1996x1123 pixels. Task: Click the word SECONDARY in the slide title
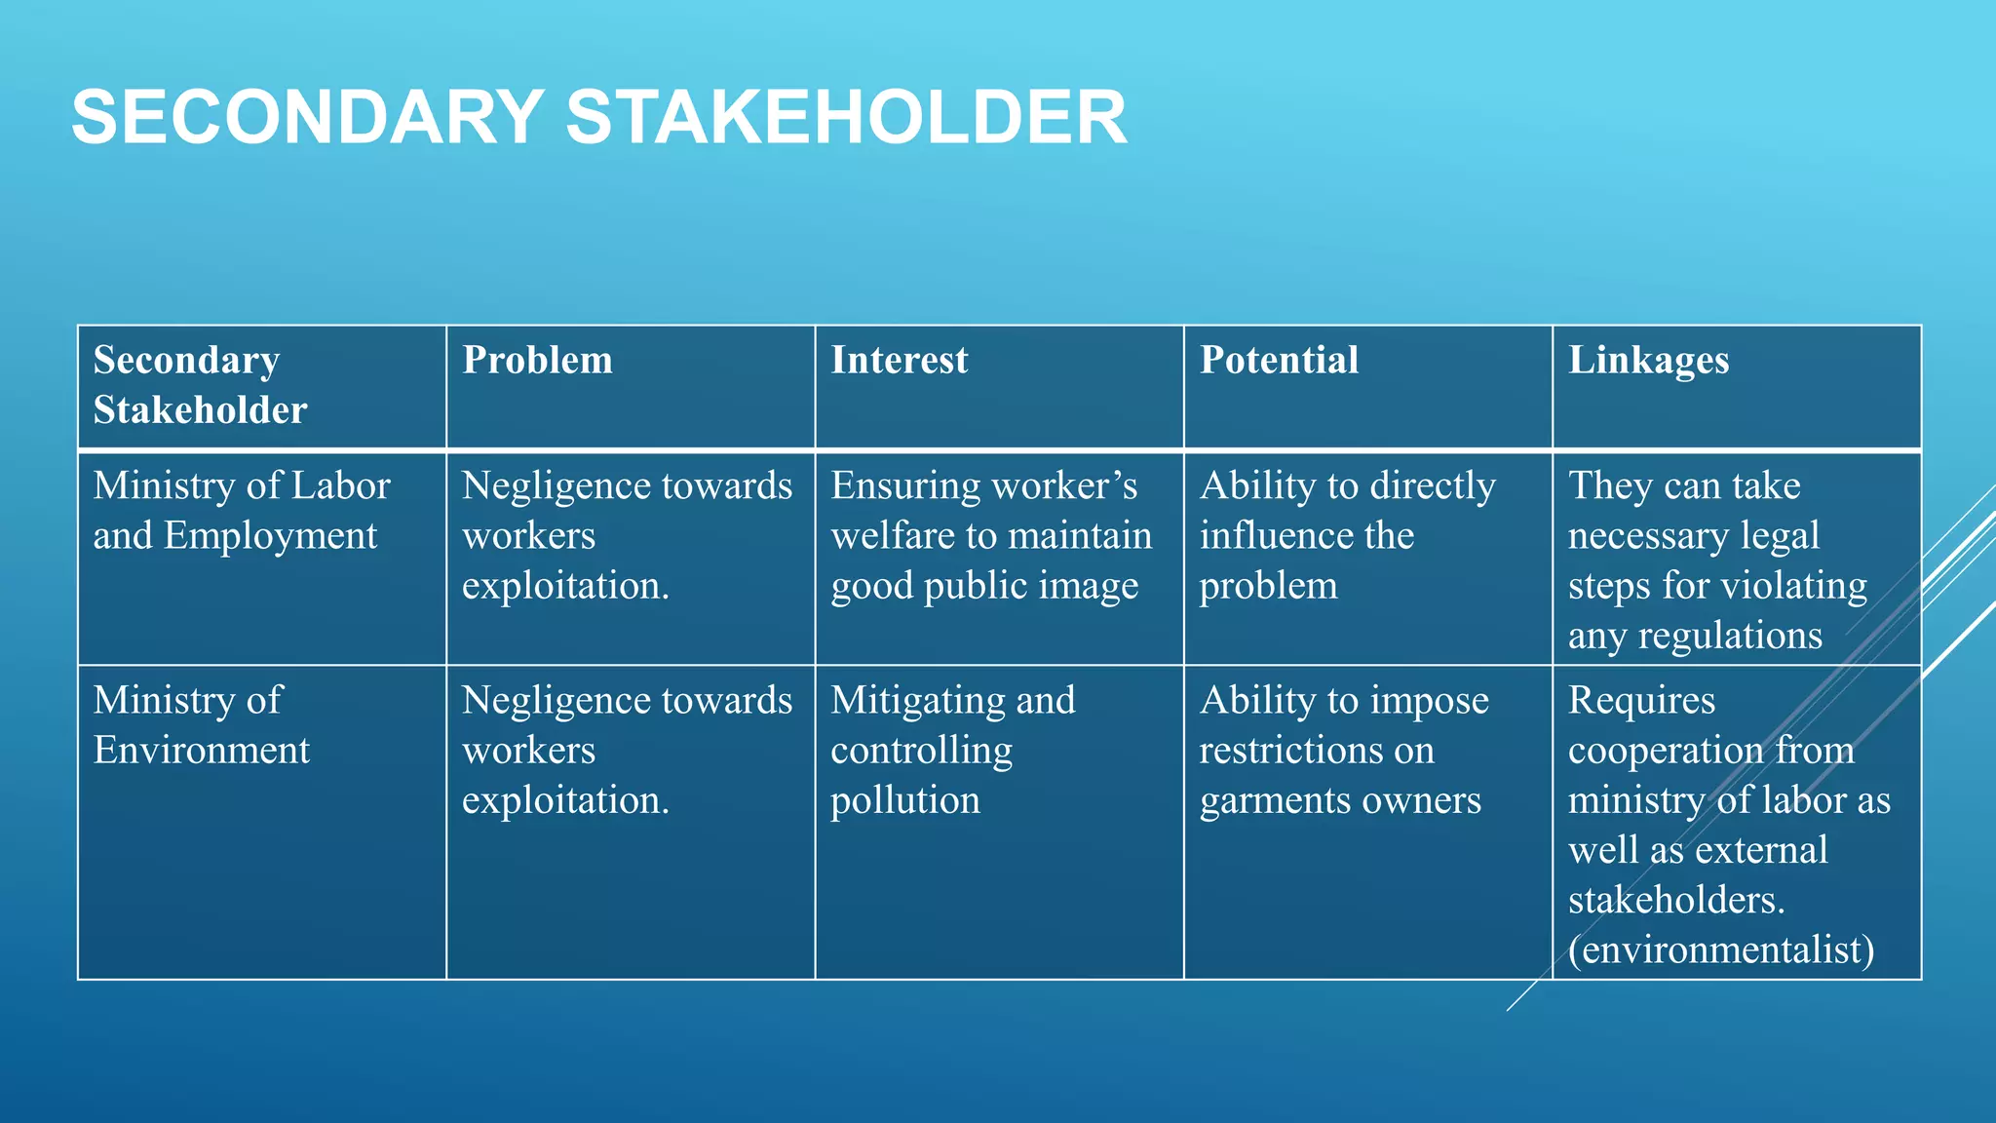click(x=307, y=117)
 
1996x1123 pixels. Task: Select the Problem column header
click(x=537, y=360)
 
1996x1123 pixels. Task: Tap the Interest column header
click(x=899, y=360)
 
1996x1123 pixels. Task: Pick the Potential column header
click(x=1279, y=360)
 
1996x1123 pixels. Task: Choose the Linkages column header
click(x=1648, y=362)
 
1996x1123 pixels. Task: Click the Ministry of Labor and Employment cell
click(x=241, y=510)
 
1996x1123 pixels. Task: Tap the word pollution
click(x=904, y=800)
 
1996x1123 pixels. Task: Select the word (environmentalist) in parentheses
click(x=1721, y=949)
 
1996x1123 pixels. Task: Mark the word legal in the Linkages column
click(x=1780, y=536)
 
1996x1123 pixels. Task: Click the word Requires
click(x=1641, y=701)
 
